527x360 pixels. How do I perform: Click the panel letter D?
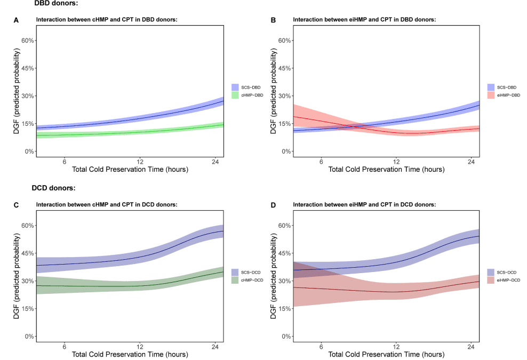click(x=273, y=204)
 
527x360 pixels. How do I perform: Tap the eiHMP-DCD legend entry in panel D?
click(x=504, y=279)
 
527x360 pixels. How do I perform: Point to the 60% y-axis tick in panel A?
click(x=27, y=41)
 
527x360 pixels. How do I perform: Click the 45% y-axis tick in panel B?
click(x=284, y=68)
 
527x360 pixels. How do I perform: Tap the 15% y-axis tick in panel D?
click(x=284, y=309)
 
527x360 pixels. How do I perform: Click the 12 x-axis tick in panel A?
click(x=140, y=162)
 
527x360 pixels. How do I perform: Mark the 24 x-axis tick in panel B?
click(x=471, y=162)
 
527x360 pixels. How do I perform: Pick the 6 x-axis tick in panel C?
click(x=65, y=347)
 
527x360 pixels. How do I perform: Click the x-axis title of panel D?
click(x=386, y=355)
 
